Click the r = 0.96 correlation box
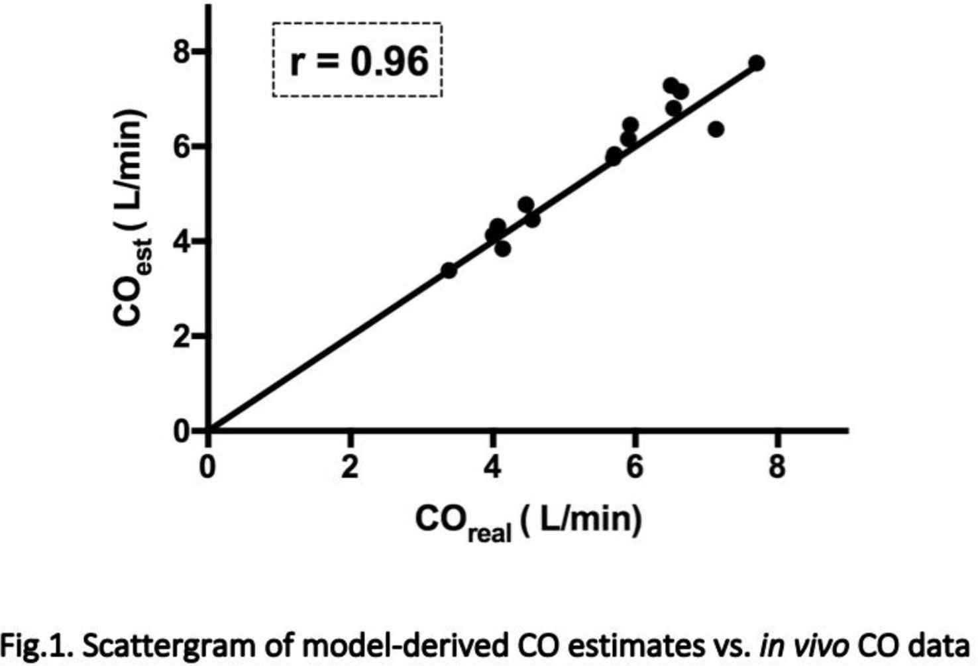357,60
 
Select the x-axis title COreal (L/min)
528,521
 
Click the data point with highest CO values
756,63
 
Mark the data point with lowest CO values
449,270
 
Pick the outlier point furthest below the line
715,129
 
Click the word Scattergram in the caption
150,645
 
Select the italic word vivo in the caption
824,645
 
